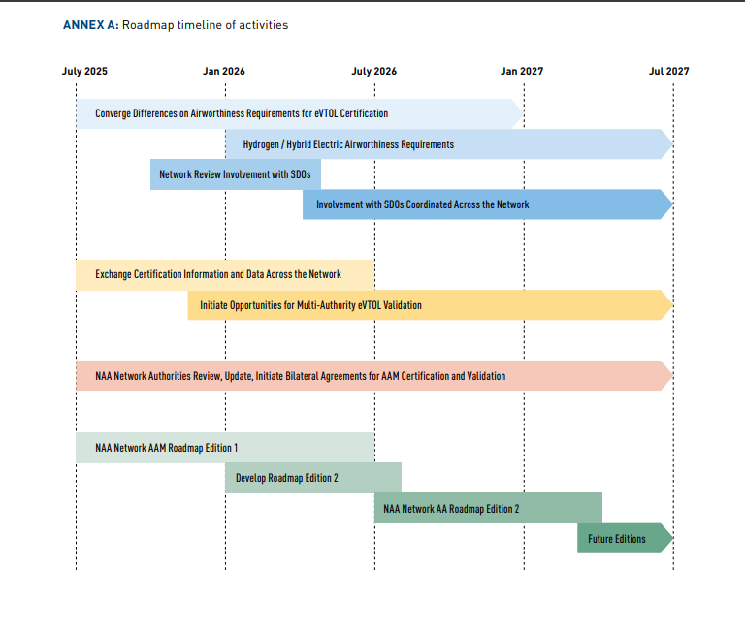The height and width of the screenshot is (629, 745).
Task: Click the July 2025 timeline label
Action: tap(84, 71)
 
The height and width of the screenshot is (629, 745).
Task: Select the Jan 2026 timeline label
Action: tap(224, 71)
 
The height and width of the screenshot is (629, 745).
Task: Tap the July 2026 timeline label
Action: tap(373, 71)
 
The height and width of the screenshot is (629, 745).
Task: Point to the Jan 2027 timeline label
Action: tap(522, 71)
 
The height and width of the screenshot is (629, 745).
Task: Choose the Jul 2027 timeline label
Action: tap(669, 71)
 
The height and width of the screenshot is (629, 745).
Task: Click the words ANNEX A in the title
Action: tap(91, 25)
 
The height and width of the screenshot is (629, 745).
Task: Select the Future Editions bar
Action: tap(625, 538)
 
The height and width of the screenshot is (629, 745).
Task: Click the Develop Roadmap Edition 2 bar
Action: tap(313, 478)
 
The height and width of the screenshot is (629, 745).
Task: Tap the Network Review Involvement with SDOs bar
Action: tap(236, 174)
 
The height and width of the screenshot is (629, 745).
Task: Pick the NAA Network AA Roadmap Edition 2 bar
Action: tap(488, 508)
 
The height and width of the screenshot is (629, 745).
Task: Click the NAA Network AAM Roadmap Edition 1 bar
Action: tap(225, 448)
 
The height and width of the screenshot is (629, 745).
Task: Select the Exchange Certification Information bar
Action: tap(225, 275)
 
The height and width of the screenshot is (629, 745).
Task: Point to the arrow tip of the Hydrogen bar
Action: tap(673, 143)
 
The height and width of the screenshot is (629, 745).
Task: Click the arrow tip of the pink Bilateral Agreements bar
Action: tap(673, 375)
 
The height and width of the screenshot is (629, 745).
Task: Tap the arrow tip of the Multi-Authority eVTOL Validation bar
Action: tap(673, 304)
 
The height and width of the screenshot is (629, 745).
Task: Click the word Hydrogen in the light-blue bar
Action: tap(261, 144)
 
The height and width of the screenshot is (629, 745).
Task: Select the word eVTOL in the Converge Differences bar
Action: tap(326, 113)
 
